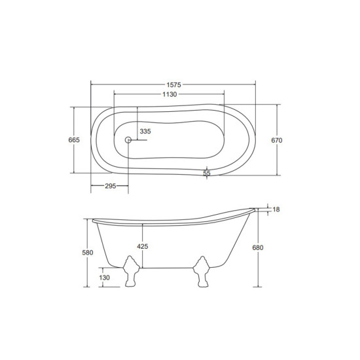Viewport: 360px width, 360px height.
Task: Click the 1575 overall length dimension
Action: (174, 85)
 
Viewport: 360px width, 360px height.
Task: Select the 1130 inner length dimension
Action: (170, 94)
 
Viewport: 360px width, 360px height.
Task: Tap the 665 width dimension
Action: (74, 140)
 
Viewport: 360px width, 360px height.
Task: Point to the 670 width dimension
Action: (277, 140)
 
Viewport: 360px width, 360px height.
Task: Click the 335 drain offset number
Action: (145, 132)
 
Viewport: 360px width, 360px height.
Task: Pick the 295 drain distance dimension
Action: (111, 186)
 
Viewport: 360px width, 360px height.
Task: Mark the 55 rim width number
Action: (207, 173)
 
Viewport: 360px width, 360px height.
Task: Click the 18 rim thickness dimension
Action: (276, 209)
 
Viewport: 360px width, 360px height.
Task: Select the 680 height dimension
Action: (258, 247)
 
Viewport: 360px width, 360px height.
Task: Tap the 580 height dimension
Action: (88, 253)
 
